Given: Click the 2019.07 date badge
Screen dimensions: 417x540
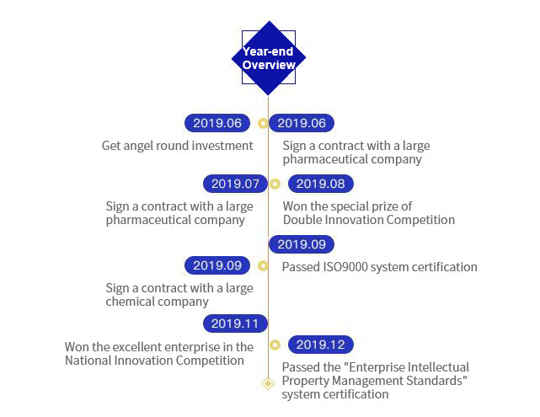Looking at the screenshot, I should (235, 184).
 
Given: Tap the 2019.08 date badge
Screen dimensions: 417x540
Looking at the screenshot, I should (320, 184).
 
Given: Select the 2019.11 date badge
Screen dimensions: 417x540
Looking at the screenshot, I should (235, 323).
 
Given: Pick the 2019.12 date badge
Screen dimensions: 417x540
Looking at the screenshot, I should (320, 345).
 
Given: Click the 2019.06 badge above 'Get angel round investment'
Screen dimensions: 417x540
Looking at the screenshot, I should (217, 123).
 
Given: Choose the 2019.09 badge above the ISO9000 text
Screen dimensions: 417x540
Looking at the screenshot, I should (301, 244).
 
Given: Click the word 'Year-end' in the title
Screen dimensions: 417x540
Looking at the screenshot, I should (269, 51).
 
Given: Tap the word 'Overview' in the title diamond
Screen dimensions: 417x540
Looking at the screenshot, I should (269, 65).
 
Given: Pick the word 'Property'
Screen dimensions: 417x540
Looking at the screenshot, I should (307, 380).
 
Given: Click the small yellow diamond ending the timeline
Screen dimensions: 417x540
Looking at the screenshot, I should (268, 383).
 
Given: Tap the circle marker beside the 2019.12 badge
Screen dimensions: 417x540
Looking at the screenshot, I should (274, 345).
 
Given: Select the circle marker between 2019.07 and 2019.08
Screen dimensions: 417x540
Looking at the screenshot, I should (274, 184).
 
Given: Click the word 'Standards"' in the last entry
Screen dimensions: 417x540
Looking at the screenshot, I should (441, 380).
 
